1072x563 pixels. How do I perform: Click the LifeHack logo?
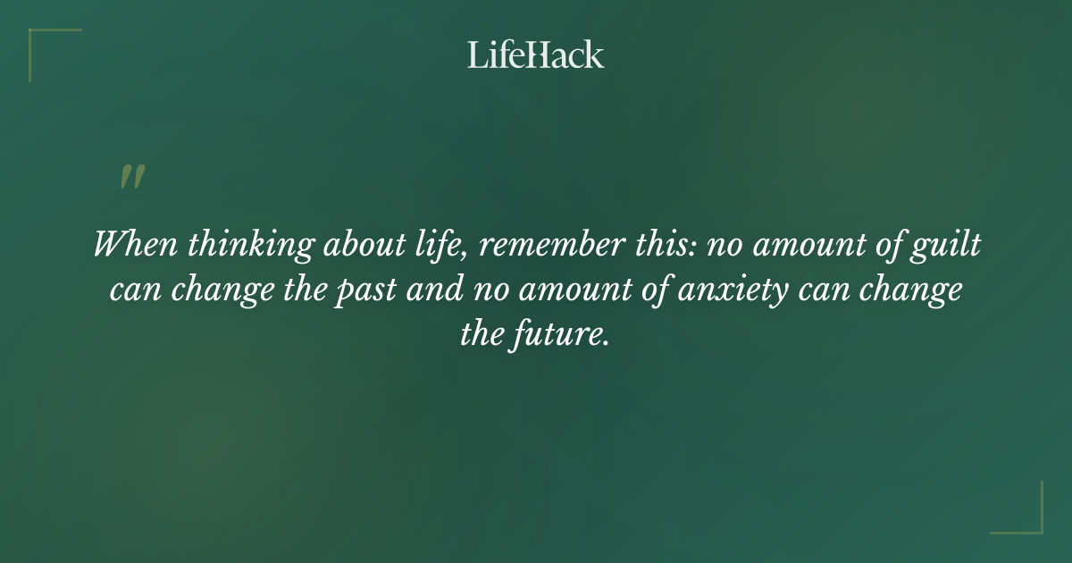pos(535,55)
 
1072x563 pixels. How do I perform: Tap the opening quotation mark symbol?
pos(131,177)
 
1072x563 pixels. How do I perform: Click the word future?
pos(562,336)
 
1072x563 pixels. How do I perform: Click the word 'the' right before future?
pos(480,336)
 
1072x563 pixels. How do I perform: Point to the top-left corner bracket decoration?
pos(39,40)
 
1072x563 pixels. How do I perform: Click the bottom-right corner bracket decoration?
pos(1031,522)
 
